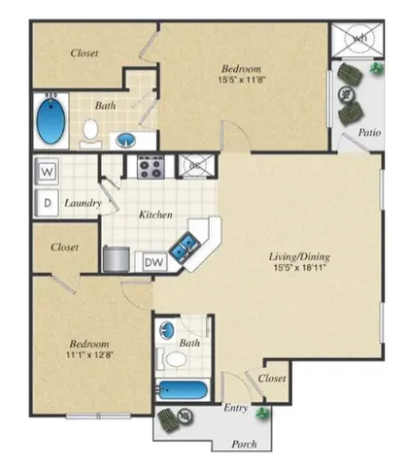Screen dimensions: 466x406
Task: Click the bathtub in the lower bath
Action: pyautogui.click(x=180, y=393)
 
